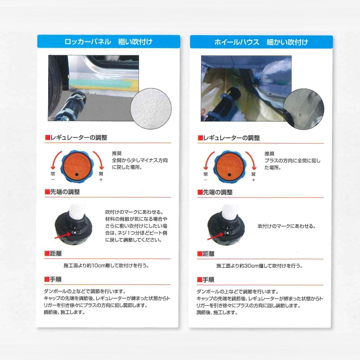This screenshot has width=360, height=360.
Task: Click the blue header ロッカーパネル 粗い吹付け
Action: [108, 42]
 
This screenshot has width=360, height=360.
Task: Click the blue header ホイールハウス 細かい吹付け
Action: [261, 42]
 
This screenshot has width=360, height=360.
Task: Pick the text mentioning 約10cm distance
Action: [108, 265]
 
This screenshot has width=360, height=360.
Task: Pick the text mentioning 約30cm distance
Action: [260, 265]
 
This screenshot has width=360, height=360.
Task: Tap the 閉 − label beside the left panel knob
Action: [53, 176]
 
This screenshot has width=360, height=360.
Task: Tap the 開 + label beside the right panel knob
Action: [253, 176]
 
